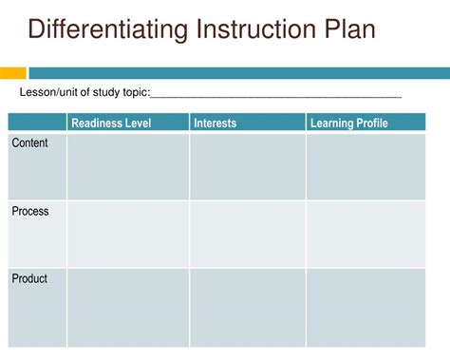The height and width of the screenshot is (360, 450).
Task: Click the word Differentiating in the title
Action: click(x=108, y=29)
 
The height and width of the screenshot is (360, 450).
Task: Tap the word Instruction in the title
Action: click(x=256, y=28)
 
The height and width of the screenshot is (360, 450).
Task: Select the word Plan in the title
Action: click(x=349, y=28)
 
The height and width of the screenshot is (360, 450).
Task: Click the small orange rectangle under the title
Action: click(x=13, y=73)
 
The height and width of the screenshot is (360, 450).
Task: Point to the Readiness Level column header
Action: click(x=111, y=123)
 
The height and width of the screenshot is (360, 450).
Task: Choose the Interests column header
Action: click(x=216, y=123)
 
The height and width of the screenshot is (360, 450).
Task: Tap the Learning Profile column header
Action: click(x=349, y=123)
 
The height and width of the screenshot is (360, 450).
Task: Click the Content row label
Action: click(x=29, y=142)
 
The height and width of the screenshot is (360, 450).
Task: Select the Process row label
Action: click(x=30, y=211)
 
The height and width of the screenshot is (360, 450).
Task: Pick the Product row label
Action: click(x=29, y=278)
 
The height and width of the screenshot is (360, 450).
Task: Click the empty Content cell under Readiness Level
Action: click(x=128, y=167)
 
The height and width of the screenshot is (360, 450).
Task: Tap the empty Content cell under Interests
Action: click(x=248, y=167)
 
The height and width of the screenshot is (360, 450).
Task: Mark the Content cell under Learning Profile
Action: click(x=366, y=167)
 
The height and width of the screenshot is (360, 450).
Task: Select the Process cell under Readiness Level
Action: click(x=128, y=235)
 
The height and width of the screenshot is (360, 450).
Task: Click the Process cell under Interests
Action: click(x=248, y=235)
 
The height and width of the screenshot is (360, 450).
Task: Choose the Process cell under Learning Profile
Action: click(x=366, y=235)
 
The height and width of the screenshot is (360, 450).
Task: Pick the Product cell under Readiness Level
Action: click(x=128, y=308)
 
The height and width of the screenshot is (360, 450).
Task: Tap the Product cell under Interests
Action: click(x=248, y=308)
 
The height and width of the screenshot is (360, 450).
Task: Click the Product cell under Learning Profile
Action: click(x=366, y=308)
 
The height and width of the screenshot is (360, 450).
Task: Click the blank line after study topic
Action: click(x=276, y=97)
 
